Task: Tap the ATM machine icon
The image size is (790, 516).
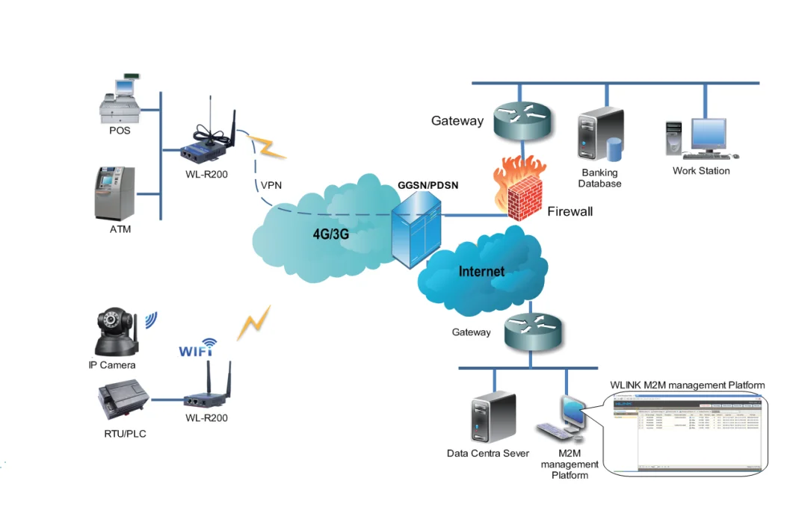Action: point(114,193)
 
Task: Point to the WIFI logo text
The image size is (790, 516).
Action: point(198,348)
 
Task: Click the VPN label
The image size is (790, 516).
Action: point(271,185)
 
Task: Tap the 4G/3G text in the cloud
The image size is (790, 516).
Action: point(331,233)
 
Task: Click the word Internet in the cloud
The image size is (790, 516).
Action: point(481,271)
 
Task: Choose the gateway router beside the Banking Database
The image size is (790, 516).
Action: point(522,119)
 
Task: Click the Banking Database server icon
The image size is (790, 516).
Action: point(597,139)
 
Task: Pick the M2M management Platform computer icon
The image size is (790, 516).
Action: point(568,419)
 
